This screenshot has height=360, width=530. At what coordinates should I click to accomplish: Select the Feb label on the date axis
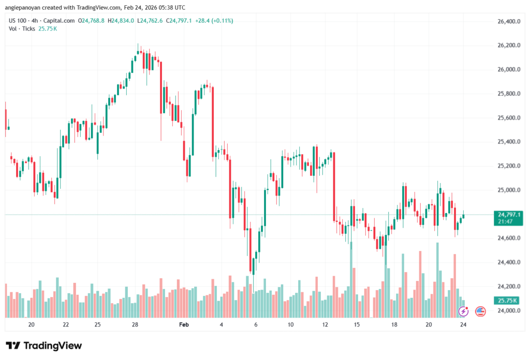(184, 324)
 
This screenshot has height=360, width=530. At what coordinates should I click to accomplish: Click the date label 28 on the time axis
(135, 324)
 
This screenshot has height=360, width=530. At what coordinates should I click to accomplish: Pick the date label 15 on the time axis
(357, 324)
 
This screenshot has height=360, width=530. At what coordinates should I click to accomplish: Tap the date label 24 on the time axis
(464, 324)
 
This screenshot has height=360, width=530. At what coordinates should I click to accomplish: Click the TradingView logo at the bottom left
(44, 346)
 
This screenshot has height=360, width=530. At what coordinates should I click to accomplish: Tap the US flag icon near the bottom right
(480, 311)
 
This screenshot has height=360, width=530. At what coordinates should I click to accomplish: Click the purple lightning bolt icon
(464, 311)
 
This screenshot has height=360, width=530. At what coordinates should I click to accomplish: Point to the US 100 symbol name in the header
(19, 21)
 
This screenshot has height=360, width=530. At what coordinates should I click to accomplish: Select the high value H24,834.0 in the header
(121, 21)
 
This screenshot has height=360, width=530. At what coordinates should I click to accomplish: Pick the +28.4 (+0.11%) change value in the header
(213, 21)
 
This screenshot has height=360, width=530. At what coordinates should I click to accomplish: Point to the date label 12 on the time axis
(325, 324)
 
